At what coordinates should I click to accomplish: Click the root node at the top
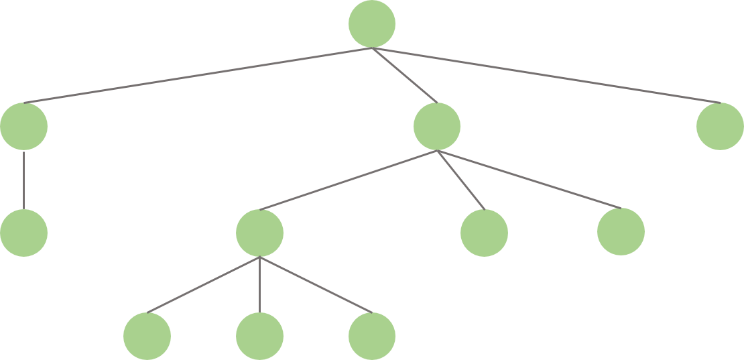[x=372, y=24]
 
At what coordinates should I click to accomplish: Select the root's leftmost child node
[x=24, y=126]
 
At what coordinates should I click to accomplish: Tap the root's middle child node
[x=437, y=126]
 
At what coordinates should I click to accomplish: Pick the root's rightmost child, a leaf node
[x=720, y=126]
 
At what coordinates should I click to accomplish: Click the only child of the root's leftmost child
[x=24, y=233]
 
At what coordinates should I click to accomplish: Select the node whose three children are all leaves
[x=260, y=233]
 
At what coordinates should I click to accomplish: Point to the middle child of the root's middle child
[x=484, y=233]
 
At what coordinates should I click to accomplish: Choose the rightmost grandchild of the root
[x=621, y=232]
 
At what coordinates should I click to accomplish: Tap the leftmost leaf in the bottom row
[x=147, y=335]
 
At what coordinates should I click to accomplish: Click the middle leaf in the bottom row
[x=260, y=335]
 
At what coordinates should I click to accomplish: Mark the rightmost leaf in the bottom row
[x=372, y=335]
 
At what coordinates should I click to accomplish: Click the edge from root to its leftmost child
[x=198, y=75]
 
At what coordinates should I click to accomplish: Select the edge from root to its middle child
[x=404, y=75]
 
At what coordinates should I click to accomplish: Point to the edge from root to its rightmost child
[x=546, y=75]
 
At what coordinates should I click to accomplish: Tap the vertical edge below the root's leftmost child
[x=24, y=180]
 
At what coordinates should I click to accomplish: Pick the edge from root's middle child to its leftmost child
[x=349, y=180]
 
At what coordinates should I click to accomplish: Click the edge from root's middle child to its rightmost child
[x=529, y=179]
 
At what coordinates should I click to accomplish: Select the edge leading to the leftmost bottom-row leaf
[x=204, y=284]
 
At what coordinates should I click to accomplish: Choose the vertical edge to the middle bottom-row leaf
[x=260, y=284]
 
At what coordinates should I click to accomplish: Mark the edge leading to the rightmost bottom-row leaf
[x=316, y=284]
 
